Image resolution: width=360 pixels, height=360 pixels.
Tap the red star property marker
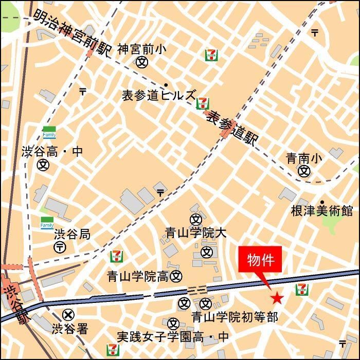(277, 297)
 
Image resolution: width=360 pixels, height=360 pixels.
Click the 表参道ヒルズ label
(158, 95)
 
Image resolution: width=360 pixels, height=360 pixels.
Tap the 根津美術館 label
(322, 211)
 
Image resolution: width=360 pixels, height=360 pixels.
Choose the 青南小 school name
(304, 159)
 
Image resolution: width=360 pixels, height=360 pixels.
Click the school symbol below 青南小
(305, 171)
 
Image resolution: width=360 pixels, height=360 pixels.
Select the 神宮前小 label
(142, 49)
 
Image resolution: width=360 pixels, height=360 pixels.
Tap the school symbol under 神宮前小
(142, 62)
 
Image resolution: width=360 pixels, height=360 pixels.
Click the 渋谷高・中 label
(52, 152)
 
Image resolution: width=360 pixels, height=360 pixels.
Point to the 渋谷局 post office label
(73, 235)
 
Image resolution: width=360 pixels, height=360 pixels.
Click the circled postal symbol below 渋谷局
(60, 247)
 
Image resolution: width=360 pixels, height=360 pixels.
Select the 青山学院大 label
(195, 233)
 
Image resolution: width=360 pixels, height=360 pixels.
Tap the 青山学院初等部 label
(235, 317)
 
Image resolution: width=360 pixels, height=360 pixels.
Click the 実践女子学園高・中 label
(173, 337)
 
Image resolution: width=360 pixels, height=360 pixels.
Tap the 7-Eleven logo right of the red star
(302, 290)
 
